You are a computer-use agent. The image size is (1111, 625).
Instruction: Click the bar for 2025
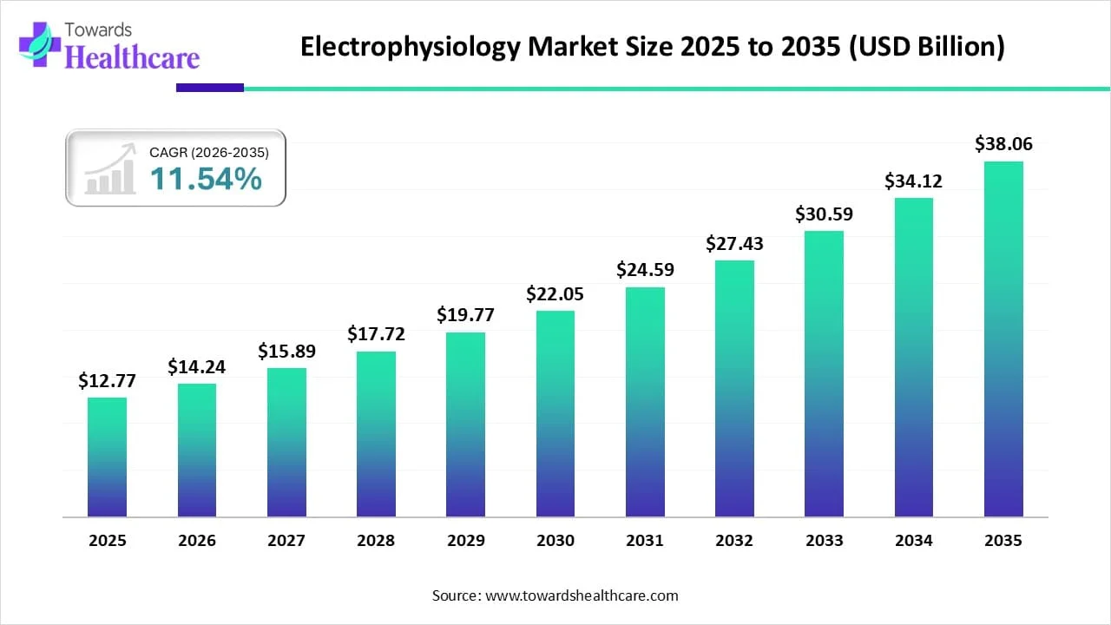107,457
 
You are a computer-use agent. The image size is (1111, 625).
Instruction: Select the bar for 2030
555,414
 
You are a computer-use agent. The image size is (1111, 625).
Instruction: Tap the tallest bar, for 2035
1003,339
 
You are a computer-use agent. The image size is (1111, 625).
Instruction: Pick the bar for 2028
376,434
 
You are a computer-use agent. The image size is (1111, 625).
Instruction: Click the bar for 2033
824,374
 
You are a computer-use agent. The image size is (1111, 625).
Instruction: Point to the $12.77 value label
107,380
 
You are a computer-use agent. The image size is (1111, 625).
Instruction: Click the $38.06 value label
1003,144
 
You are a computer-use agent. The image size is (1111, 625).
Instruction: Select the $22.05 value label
555,294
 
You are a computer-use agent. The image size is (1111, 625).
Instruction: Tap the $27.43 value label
734,244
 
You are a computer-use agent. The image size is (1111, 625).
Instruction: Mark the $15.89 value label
286,352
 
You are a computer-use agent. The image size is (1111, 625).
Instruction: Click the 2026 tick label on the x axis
197,541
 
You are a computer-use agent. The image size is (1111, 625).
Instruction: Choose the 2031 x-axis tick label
645,541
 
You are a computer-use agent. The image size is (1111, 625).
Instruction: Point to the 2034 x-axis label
914,541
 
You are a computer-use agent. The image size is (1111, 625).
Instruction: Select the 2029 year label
466,541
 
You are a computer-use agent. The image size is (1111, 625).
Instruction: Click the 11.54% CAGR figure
206,179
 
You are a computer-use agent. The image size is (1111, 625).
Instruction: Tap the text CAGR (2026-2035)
209,152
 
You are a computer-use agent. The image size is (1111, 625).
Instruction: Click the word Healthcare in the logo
132,57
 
